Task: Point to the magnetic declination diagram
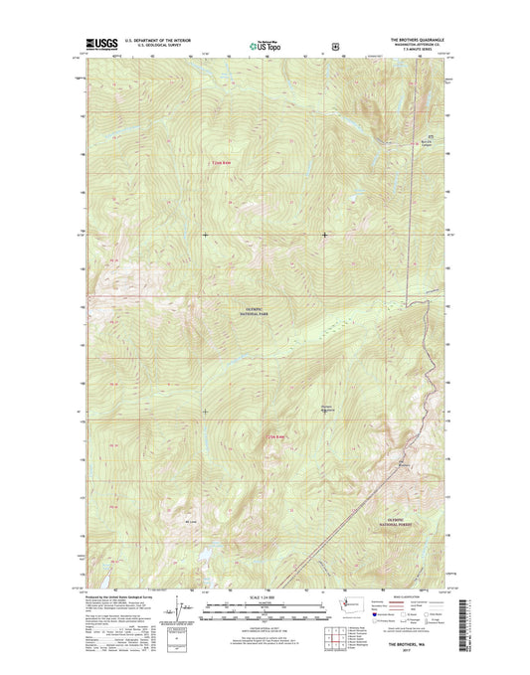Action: click(x=170, y=609)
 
